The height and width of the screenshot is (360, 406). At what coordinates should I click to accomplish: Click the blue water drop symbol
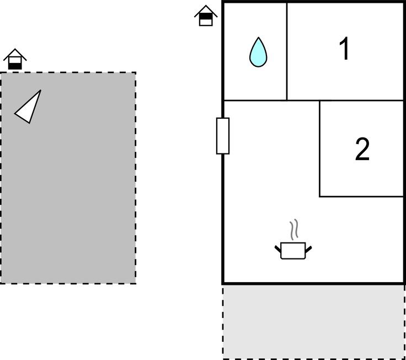coord(258,53)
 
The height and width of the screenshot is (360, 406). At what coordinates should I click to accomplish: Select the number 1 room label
coord(344,49)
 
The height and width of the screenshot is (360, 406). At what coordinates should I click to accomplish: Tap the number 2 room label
coord(362,149)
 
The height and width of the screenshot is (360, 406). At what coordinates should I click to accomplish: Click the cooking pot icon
coord(293,251)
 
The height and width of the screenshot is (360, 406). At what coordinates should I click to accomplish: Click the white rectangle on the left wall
coord(222,136)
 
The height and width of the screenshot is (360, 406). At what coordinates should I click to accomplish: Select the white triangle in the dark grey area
coord(29,108)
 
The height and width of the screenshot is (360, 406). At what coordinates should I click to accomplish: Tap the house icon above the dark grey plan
coord(15,59)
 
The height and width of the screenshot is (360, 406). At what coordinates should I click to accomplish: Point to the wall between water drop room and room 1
coord(287,51)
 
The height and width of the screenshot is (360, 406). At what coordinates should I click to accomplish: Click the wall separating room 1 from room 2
coord(362,101)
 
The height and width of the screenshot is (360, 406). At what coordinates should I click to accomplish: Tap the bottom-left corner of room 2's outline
coord(320,196)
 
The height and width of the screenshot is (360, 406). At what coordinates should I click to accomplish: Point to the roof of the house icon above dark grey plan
coord(15,53)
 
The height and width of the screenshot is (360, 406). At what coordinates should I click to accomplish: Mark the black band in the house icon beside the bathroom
coord(205,17)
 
